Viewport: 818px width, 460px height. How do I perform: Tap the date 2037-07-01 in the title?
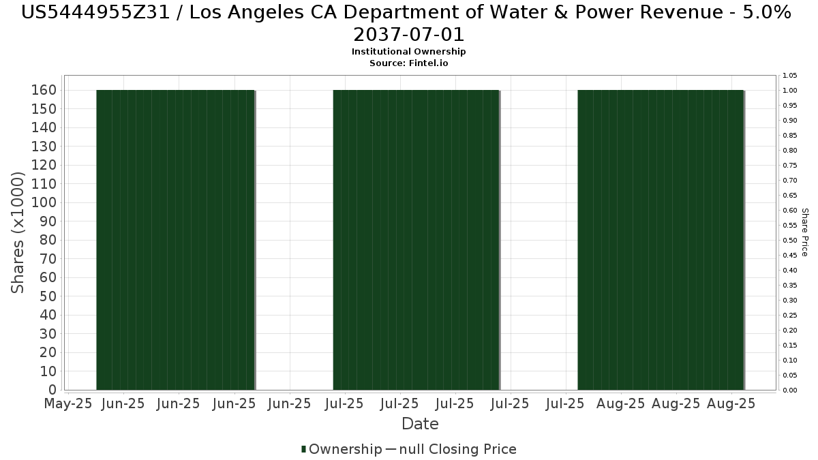coord(408,35)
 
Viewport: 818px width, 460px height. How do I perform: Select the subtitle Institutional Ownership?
coord(408,52)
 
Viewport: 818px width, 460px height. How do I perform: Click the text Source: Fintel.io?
coord(408,63)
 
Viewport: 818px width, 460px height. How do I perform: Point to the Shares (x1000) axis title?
coord(18,232)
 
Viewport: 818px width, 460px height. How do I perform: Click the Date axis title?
coord(420,424)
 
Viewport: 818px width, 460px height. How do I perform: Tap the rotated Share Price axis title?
coord(804,232)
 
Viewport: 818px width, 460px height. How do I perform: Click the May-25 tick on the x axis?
coord(67,403)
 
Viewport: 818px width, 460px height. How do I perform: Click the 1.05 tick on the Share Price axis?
coord(789,76)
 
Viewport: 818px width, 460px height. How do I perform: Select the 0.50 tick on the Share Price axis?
coord(789,241)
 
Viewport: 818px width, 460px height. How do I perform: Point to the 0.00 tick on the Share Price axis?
coord(789,390)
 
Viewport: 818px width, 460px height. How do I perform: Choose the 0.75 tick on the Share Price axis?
coord(789,166)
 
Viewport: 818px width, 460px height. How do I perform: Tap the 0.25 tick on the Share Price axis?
coord(789,316)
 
